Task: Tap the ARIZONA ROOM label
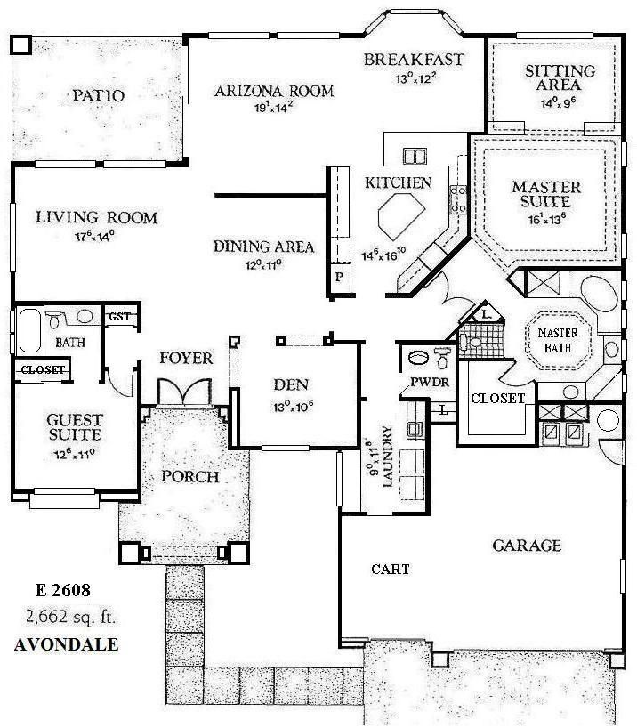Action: click(x=274, y=90)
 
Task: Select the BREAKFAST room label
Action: click(x=414, y=60)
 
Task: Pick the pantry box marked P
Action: click(x=339, y=278)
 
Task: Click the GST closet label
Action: click(x=117, y=316)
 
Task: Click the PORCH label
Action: click(x=189, y=476)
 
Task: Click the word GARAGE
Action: click(x=527, y=545)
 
